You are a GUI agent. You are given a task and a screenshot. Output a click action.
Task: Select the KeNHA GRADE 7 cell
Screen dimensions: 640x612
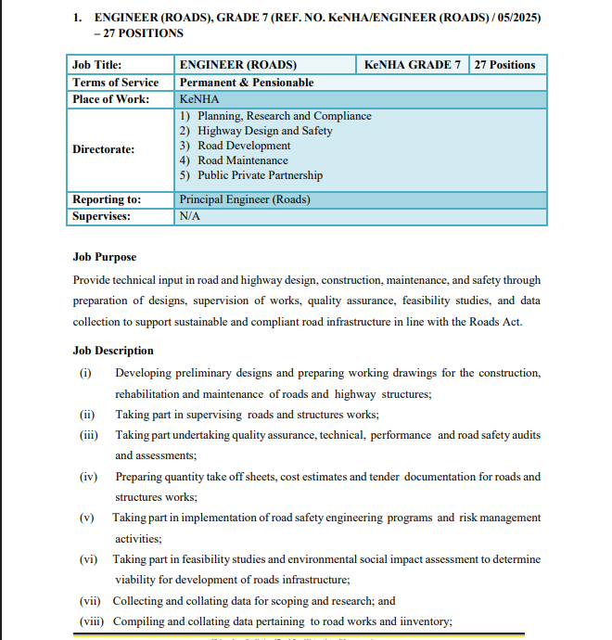pyautogui.click(x=413, y=65)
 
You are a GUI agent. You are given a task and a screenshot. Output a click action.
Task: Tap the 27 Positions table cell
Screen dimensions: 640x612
pyautogui.click(x=504, y=65)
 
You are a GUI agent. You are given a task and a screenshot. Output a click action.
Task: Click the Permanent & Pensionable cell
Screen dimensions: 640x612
pyautogui.click(x=247, y=83)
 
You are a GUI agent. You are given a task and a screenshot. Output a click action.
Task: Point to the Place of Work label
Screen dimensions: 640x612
pyautogui.click(x=111, y=99)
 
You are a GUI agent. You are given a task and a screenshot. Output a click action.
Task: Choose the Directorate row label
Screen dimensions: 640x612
pyautogui.click(x=104, y=148)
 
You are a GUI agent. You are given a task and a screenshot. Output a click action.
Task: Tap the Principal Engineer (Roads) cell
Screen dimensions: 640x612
pyautogui.click(x=245, y=199)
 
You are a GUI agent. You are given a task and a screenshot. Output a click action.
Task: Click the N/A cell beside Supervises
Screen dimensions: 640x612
pyautogui.click(x=190, y=216)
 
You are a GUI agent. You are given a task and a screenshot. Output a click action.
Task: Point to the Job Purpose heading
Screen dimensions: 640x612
pyautogui.click(x=105, y=257)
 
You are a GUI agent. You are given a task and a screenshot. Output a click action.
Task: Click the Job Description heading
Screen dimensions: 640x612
pyautogui.click(x=113, y=351)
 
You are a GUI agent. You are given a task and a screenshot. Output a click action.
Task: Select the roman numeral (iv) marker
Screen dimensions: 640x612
pyautogui.click(x=89, y=477)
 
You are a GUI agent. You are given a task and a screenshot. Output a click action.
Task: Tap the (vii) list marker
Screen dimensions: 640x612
pyautogui.click(x=90, y=601)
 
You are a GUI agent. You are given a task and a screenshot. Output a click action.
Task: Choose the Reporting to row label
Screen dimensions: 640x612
pyautogui.click(x=108, y=199)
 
